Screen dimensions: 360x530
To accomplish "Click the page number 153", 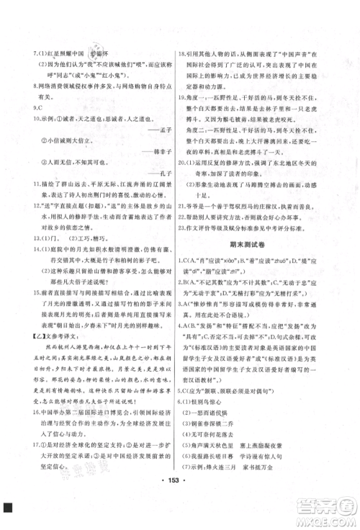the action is coord(181,498).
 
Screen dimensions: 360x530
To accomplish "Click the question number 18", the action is coord(179,63).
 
